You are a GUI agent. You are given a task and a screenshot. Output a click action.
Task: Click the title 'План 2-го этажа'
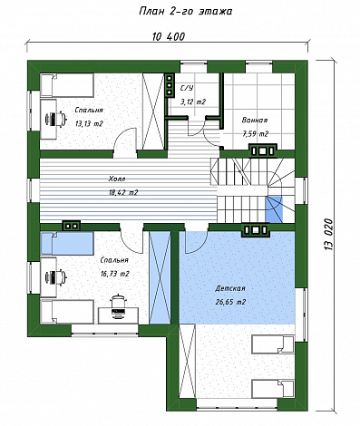coord(185,12)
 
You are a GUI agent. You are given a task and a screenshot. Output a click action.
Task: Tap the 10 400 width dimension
coord(169,36)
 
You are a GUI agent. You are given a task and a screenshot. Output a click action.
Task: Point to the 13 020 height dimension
coord(328,235)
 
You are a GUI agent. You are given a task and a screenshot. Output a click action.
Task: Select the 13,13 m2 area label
coord(89,123)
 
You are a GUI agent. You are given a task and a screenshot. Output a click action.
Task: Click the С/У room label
coord(187,88)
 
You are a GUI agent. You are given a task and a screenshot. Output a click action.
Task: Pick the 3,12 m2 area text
coord(193,102)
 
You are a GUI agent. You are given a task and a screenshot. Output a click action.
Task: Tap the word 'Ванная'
coord(255,121)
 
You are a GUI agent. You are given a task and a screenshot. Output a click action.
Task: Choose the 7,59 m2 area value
coord(255,134)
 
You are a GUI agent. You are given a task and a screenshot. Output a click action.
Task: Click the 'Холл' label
coord(117,179)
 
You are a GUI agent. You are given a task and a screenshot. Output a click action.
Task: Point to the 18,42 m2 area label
coord(123,192)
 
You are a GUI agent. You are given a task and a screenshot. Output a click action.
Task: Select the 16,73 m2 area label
coord(115,274)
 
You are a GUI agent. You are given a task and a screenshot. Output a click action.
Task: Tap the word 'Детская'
coord(230,288)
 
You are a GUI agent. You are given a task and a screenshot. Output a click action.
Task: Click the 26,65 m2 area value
coord(230,302)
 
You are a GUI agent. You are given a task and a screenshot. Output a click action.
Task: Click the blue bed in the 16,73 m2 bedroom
coord(67,243)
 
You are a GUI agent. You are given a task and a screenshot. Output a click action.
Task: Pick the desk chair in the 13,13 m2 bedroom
coord(55,119)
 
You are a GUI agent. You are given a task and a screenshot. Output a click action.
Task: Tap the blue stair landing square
coord(274,209)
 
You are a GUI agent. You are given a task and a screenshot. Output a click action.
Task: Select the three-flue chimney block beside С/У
coord(170,85)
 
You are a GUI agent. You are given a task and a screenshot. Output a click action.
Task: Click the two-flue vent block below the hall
coord(72,226)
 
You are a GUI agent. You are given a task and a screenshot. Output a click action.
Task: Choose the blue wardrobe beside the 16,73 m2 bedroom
coord(160,278)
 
